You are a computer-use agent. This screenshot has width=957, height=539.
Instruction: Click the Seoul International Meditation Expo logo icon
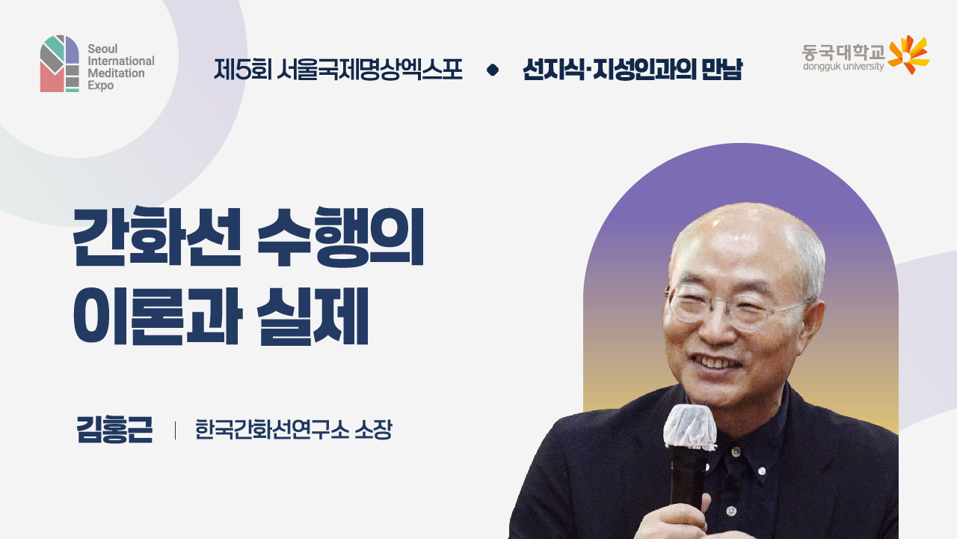60,64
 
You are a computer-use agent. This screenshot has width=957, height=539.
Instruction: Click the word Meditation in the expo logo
116,73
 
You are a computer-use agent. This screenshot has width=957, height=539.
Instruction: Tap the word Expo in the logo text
101,86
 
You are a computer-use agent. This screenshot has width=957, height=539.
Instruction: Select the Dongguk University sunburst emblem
908,55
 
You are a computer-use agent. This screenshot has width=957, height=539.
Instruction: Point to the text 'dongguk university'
843,67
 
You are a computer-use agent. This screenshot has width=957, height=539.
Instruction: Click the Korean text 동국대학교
843,52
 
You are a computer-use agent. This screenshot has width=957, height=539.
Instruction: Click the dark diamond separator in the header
492,70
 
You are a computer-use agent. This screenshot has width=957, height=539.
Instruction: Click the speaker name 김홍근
114,430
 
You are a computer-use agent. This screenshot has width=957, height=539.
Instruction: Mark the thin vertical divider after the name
175,430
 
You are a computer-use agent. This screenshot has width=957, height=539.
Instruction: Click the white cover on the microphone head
689,427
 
